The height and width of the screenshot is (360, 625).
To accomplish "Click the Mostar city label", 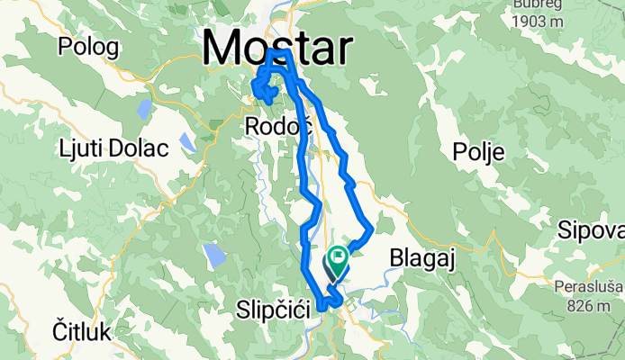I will click(x=277, y=47).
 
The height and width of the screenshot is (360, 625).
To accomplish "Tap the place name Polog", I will click(x=95, y=45).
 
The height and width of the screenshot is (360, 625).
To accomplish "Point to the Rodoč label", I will click(x=278, y=128).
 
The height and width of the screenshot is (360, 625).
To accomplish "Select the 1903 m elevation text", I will click(x=542, y=22).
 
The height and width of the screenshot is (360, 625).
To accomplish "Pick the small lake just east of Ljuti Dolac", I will click(x=187, y=143).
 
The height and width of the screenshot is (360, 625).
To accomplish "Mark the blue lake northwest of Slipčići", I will click(x=214, y=256).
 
